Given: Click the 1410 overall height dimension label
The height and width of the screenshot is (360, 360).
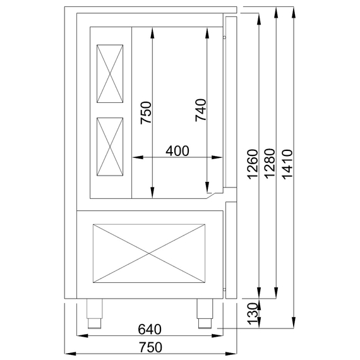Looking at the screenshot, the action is pyautogui.click(x=287, y=164).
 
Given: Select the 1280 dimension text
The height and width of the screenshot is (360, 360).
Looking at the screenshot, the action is pyautogui.click(x=270, y=164).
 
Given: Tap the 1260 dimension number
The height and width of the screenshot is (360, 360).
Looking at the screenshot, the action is pyautogui.click(x=253, y=164).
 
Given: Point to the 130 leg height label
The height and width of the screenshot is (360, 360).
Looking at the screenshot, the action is pyautogui.click(x=253, y=314).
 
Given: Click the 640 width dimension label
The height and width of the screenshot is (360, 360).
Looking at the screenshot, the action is pyautogui.click(x=150, y=329).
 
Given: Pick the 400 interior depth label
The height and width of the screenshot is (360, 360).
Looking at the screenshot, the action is pyautogui.click(x=177, y=151).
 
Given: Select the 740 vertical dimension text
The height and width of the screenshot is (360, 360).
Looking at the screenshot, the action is pyautogui.click(x=200, y=110).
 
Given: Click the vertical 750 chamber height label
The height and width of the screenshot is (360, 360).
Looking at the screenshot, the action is pyautogui.click(x=146, y=112).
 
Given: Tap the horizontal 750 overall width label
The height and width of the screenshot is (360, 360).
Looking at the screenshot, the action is pyautogui.click(x=150, y=347).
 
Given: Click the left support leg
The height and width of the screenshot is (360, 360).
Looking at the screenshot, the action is pyautogui.click(x=94, y=313).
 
